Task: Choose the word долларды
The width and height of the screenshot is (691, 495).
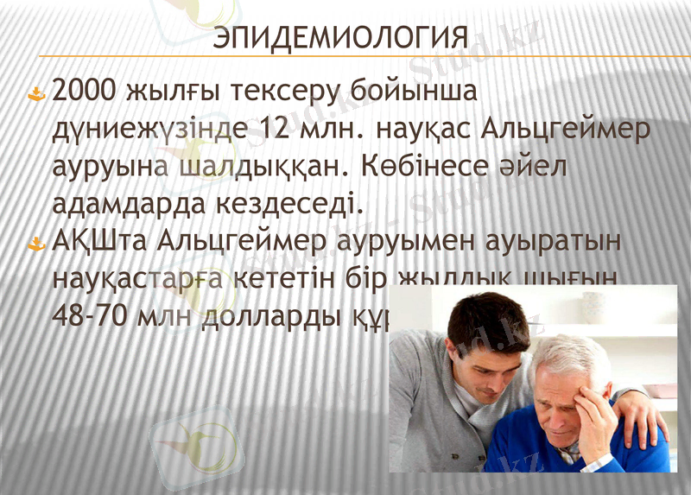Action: (x=289, y=319)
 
